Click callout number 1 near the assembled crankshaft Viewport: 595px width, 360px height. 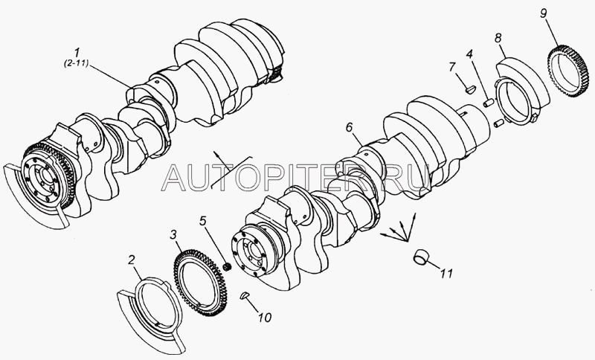tap(77, 53)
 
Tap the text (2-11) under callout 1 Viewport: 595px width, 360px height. tap(76, 64)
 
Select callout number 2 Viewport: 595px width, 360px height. tap(132, 260)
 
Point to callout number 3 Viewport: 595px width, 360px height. tap(173, 235)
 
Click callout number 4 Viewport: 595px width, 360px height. tap(470, 54)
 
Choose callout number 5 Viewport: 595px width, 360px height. tap(203, 221)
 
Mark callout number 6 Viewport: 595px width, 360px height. tap(350, 127)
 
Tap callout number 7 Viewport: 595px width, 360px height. tap(451, 67)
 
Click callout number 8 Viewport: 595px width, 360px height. tap(498, 38)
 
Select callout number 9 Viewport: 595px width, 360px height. tap(544, 13)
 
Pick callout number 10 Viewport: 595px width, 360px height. tap(265, 318)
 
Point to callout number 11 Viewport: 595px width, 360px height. tap(447, 273)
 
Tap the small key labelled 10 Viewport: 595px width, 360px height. tap(245, 295)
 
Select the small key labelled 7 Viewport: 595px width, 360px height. tap(470, 90)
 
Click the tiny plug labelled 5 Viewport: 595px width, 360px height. tap(228, 267)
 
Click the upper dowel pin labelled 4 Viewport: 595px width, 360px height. tap(488, 103)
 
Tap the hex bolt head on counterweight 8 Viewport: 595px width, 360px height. tap(534, 118)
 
